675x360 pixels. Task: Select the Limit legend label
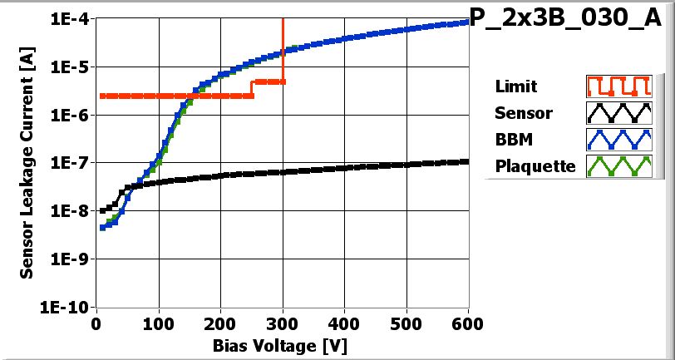tap(515, 86)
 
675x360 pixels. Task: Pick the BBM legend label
tap(512, 140)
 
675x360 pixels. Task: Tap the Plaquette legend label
tap(535, 166)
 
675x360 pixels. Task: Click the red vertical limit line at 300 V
tap(283, 50)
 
